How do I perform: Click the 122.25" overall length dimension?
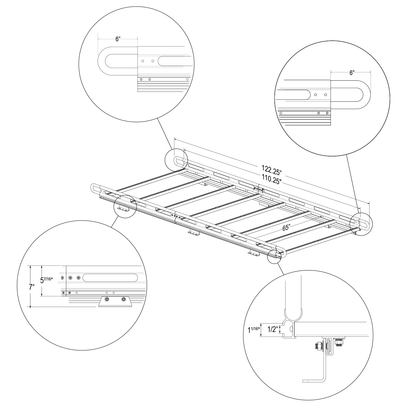(272, 170)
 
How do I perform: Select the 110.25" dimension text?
(272, 180)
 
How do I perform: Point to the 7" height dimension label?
(32, 287)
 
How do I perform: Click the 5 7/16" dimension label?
(47, 280)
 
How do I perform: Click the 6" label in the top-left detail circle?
(118, 39)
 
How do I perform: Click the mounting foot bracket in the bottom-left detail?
(115, 301)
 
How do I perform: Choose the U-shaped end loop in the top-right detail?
(351, 94)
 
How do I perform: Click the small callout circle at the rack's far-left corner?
(176, 159)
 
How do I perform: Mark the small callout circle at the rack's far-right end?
(361, 224)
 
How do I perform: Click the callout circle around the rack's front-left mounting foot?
(125, 207)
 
